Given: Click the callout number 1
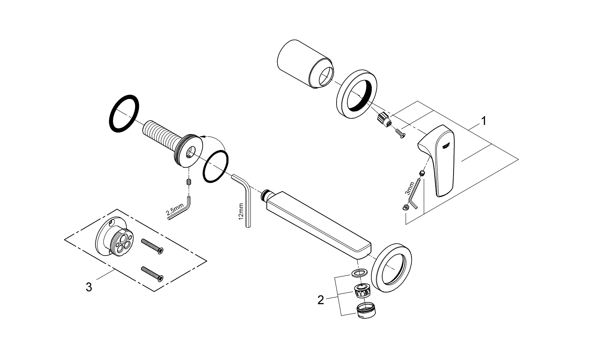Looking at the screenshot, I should (484, 121).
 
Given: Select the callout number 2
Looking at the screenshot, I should (321, 300).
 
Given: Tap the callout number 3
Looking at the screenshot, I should (89, 287).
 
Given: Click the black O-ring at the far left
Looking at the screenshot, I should (125, 114).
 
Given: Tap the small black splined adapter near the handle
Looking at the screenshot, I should (383, 119).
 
